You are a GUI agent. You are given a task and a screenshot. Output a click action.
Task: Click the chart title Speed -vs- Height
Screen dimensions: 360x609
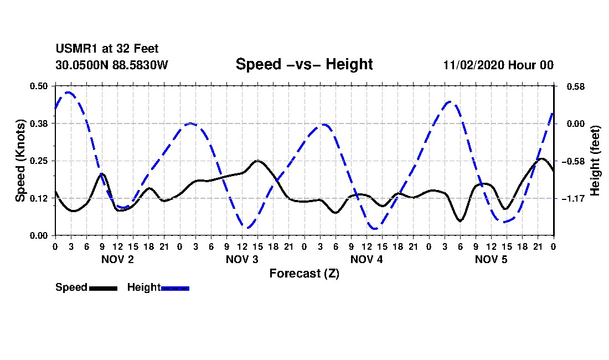[x=304, y=64]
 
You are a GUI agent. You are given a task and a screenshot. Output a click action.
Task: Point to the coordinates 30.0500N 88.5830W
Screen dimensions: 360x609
[x=111, y=65]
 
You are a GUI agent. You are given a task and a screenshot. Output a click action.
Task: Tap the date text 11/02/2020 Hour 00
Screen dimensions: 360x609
[x=498, y=65]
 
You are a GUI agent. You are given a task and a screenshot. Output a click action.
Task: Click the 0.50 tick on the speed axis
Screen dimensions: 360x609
[x=39, y=86]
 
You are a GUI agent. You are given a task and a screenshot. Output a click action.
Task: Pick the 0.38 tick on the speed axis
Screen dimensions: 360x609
[x=39, y=124]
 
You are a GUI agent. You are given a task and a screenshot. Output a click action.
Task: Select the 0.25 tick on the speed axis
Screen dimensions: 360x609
[x=39, y=161]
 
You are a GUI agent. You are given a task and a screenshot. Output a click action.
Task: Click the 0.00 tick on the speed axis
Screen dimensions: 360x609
[x=39, y=235]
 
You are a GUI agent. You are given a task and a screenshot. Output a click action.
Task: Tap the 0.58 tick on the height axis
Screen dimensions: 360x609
[x=572, y=86]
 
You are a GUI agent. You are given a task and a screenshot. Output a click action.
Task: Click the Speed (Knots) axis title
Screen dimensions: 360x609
[x=20, y=161]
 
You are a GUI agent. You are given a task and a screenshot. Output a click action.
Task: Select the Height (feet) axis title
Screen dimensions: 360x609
[x=596, y=161]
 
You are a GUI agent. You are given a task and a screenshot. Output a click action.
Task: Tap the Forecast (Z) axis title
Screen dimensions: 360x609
[x=304, y=274]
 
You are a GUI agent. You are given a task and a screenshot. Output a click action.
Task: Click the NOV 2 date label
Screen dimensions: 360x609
[x=117, y=259]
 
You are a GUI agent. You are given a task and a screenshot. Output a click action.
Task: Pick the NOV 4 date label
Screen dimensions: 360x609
[x=367, y=259]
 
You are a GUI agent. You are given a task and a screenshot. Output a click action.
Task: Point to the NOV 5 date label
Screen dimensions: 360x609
[x=492, y=259]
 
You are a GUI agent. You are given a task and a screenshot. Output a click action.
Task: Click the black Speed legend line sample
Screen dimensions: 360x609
[x=103, y=288]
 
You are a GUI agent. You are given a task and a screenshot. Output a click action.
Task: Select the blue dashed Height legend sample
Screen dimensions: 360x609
[x=176, y=288]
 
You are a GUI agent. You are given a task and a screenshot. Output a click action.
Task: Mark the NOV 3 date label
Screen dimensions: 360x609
[x=242, y=259]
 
